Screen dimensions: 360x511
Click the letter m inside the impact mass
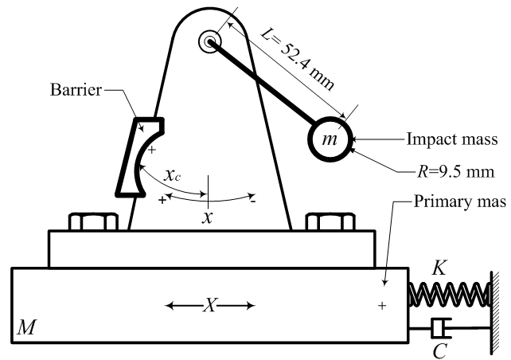pos(328,139)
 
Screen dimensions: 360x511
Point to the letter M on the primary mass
pos(25,327)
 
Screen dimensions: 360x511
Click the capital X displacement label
pos(210,304)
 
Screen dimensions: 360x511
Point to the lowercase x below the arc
pos(209,217)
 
